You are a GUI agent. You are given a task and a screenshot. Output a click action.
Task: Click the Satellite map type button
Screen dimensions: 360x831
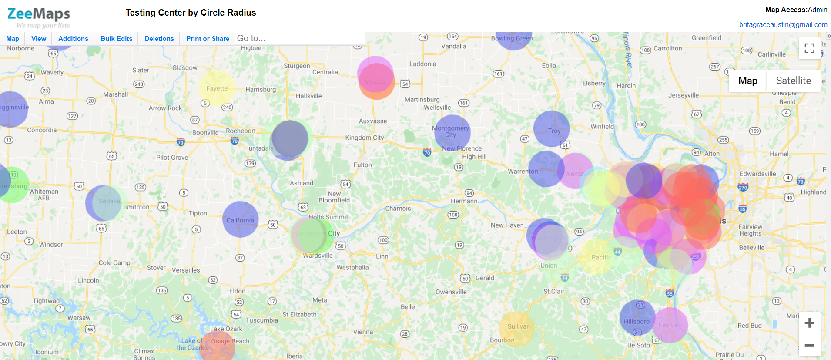(793, 81)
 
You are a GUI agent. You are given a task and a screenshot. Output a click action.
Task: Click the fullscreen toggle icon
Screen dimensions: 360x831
(809, 48)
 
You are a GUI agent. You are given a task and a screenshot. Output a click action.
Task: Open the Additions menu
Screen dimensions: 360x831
(73, 39)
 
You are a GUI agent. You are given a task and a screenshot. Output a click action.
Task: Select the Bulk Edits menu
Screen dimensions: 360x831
(116, 39)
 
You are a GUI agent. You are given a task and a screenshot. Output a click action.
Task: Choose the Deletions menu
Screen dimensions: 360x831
(159, 39)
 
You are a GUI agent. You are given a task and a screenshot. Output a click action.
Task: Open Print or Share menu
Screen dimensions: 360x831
(208, 39)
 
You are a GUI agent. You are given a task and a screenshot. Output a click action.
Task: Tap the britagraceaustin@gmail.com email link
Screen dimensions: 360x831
(783, 25)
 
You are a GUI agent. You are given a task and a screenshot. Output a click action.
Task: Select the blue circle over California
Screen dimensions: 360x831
(240, 219)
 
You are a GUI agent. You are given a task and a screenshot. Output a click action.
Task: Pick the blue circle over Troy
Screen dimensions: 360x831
(551, 128)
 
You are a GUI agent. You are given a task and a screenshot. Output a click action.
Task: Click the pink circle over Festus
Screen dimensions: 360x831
(670, 325)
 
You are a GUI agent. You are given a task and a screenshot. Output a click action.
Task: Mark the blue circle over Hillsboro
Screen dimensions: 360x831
(637, 318)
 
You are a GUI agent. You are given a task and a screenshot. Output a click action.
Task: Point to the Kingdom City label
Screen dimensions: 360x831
(365, 138)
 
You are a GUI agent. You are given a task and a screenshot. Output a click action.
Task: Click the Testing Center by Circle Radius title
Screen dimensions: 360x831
(191, 13)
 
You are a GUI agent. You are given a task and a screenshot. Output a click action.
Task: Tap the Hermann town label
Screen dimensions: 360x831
(464, 201)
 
